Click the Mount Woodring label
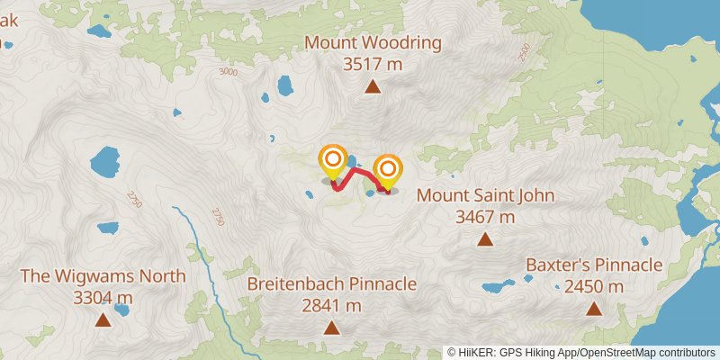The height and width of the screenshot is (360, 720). point(373,42)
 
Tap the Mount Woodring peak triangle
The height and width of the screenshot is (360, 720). point(372,86)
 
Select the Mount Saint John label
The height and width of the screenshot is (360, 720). point(485,195)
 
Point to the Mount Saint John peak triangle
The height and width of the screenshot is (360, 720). point(485,239)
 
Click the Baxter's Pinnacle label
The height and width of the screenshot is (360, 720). point(594,265)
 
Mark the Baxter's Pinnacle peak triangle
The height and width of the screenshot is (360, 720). point(594,309)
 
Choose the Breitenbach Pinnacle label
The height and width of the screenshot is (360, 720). point(332,284)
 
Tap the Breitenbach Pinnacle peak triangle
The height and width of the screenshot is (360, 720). point(332,328)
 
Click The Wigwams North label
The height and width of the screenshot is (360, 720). point(103,275)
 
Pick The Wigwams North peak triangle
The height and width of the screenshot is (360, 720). point(103,319)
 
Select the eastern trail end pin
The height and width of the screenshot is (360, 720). point(388,169)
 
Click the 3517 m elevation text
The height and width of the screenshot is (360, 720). point(372,64)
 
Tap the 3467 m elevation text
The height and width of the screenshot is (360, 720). point(485,217)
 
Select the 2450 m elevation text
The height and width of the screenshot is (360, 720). point(594,286)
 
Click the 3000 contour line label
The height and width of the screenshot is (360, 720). point(228,72)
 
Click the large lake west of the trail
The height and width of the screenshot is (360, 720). point(104,164)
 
